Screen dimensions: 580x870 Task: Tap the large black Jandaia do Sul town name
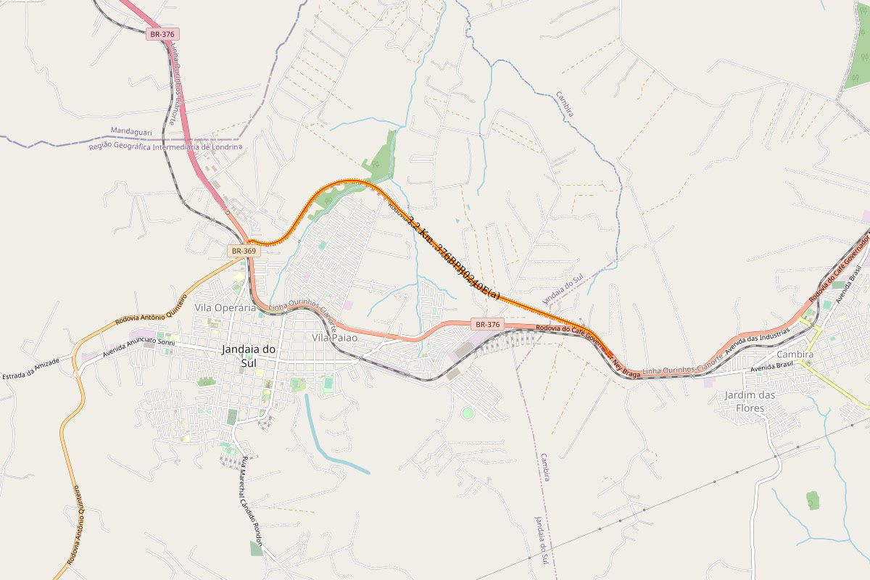249,356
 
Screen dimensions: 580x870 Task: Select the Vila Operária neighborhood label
225,308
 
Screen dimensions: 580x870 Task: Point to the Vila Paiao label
334,338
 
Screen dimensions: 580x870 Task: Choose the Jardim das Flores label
750,401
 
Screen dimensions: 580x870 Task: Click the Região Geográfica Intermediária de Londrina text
165,147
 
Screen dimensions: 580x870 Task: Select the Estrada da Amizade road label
30,370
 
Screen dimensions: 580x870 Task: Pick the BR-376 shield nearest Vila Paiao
486,324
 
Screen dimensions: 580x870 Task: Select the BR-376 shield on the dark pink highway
162,34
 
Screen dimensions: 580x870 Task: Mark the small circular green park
468,413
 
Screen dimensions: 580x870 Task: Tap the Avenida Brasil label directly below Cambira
773,367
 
